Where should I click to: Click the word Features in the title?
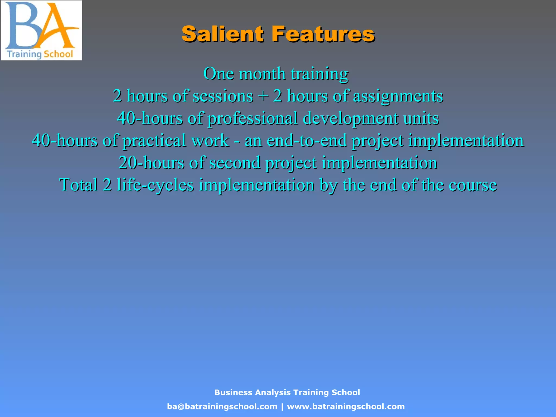click(323, 34)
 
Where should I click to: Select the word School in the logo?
click(58, 54)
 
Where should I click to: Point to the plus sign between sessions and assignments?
click(263, 96)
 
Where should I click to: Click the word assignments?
click(398, 96)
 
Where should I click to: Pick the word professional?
click(253, 118)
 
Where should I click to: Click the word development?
click(350, 118)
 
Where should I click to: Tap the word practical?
click(154, 141)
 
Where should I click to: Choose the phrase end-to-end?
click(307, 141)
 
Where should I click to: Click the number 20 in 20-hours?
click(128, 163)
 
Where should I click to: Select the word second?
click(235, 163)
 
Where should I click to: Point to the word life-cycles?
click(155, 185)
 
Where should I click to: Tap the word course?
click(473, 185)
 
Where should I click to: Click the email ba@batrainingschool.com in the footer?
click(222, 406)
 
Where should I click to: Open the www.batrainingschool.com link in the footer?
click(346, 406)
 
